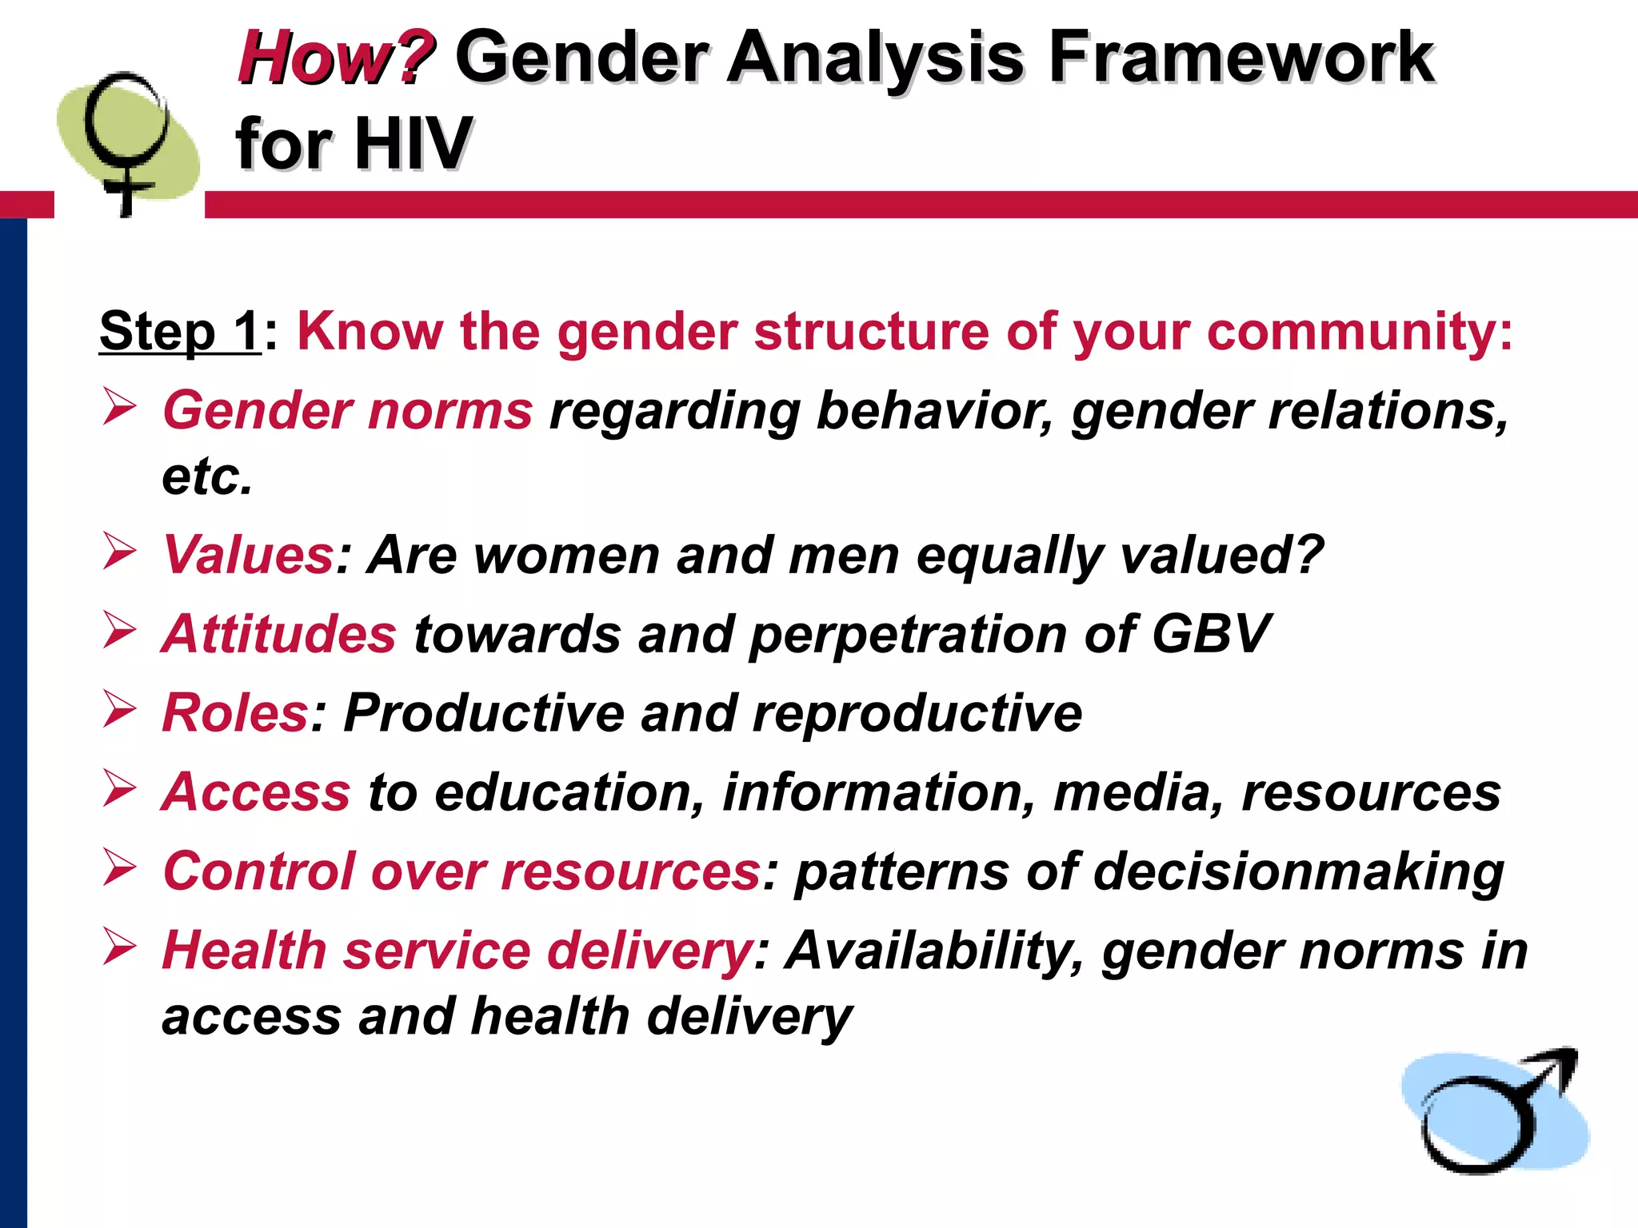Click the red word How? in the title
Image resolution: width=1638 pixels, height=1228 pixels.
tap(336, 58)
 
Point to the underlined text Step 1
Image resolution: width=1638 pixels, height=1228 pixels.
tap(179, 331)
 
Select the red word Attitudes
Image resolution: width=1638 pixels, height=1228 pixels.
tap(278, 634)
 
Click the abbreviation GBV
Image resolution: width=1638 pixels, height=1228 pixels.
tap(1211, 634)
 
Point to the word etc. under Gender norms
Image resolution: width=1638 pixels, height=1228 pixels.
tap(207, 477)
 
